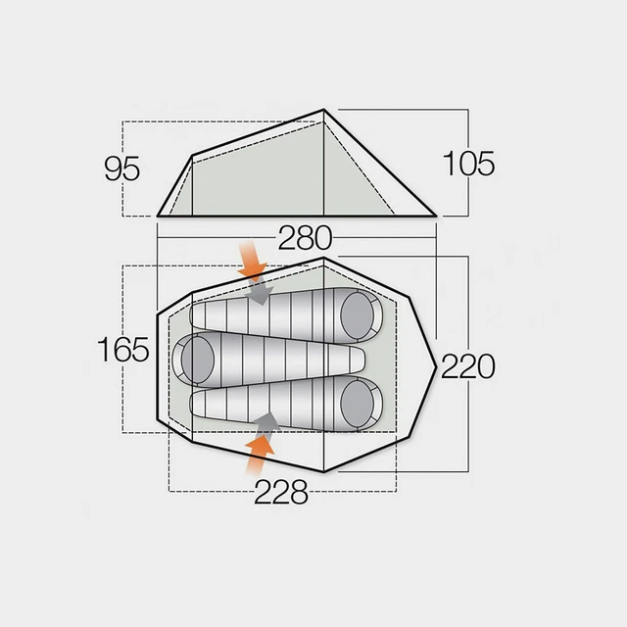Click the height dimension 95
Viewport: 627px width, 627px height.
[122, 169]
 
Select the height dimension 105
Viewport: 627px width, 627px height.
[467, 163]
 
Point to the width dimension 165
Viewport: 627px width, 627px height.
[123, 350]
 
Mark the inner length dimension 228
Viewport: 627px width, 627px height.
[281, 493]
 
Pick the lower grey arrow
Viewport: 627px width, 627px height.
[265, 422]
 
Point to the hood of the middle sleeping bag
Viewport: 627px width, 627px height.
[196, 359]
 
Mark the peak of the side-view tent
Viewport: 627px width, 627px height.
[324, 111]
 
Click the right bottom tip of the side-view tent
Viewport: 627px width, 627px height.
[436, 215]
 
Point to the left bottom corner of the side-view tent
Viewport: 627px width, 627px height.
[159, 215]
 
